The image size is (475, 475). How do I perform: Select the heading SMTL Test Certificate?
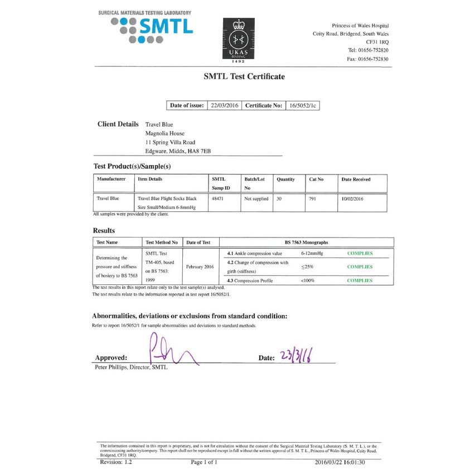[244, 76]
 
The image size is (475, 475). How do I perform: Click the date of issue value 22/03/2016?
[224, 105]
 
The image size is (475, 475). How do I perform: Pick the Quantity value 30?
[280, 198]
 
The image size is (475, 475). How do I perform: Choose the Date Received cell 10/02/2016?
[352, 198]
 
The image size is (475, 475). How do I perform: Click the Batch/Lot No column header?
[254, 183]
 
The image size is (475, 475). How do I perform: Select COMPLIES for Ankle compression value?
[360, 254]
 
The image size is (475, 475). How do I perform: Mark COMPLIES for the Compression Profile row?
[360, 280]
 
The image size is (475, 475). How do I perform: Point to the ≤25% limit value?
[307, 267]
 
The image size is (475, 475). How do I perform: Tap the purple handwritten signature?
[170, 351]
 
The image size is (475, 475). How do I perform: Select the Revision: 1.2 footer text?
[117, 463]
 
